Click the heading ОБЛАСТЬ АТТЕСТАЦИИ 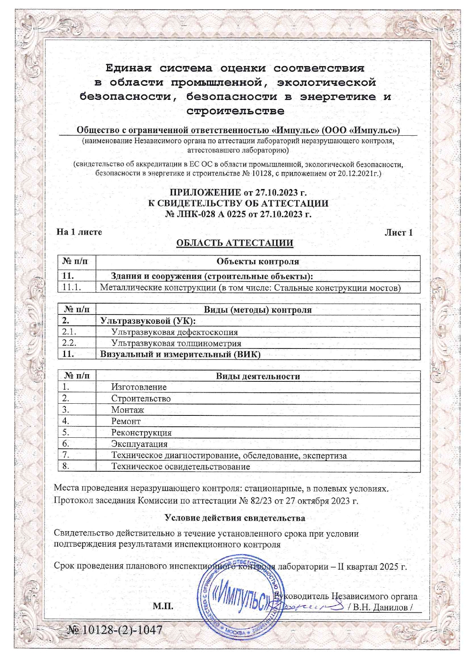tap(234, 243)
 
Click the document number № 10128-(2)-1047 tap(115, 630)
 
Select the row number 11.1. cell tap(72, 287)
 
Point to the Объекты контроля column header tap(258, 262)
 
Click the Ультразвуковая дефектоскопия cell tap(174, 332)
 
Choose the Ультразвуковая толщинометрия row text tap(176, 344)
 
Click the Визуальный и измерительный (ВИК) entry tap(180, 355)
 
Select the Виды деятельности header tap(258, 376)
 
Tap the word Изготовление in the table tap(139, 387)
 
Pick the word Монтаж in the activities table tap(127, 410)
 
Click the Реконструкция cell tap(141, 433)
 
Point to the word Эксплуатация tap(139, 444)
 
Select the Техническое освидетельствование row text tap(180, 467)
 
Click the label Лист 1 tap(398, 232)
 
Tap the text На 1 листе tap(79, 232)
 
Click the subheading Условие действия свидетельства tap(234, 518)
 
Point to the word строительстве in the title tap(235, 111)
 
